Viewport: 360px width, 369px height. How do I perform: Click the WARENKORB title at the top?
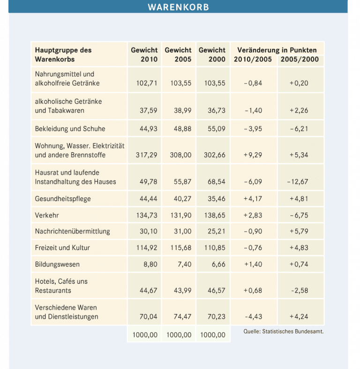point(178,7)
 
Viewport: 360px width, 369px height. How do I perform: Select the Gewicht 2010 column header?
point(144,55)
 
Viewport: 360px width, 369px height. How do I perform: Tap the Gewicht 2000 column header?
point(212,55)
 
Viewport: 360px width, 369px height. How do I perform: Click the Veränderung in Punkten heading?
point(277,50)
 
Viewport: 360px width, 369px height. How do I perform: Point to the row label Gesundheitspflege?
point(63,199)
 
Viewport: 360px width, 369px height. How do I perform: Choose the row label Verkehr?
point(46,215)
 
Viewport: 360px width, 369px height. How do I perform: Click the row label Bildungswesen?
point(57,264)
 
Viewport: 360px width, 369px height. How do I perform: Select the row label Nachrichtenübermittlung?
point(72,231)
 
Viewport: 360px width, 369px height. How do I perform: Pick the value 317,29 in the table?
point(146,155)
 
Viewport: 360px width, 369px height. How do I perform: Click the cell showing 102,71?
point(146,83)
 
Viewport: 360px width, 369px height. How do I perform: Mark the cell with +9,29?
point(253,155)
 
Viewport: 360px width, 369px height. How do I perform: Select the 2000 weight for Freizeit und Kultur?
point(214,248)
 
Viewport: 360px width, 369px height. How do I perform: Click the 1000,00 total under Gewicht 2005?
point(179,335)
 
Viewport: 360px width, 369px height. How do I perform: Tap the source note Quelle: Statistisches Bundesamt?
point(284,331)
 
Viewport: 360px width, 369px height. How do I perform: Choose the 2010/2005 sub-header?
point(253,60)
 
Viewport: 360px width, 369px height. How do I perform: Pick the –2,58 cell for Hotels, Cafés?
point(300,291)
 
